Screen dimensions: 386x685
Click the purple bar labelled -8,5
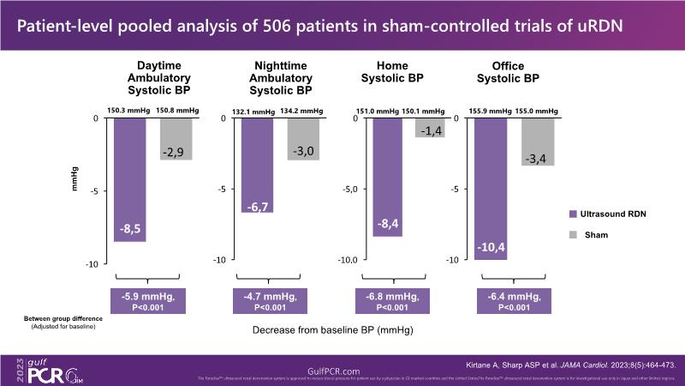(x=129, y=179)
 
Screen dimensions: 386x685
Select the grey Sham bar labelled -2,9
(x=176, y=138)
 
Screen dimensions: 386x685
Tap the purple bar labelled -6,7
(x=258, y=165)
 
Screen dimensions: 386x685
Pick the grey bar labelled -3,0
(x=303, y=138)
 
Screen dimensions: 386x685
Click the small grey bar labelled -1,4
(x=430, y=127)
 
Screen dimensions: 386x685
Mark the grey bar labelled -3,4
(x=539, y=141)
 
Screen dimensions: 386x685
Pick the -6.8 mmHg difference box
(x=402, y=302)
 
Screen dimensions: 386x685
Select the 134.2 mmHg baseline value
(x=303, y=110)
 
